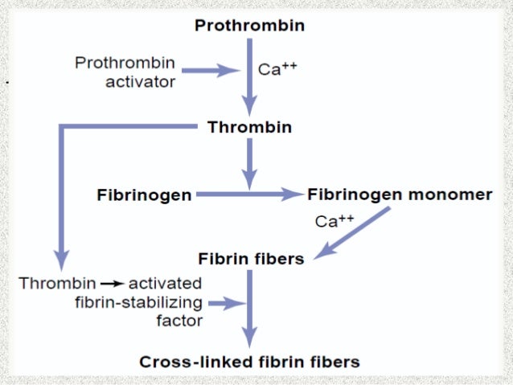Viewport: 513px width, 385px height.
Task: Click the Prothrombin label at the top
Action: coord(249,26)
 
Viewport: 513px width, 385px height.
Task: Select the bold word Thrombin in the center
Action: coord(249,127)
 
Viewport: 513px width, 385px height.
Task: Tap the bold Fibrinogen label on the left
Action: coord(144,195)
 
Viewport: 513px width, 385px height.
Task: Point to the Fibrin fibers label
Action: coord(251,259)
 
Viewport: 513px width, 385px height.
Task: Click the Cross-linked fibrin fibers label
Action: coord(249,362)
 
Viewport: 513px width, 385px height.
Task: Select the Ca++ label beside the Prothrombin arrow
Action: coord(277,69)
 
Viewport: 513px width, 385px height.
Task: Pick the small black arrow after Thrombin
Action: coord(112,284)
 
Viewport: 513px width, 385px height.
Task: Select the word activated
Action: coord(165,284)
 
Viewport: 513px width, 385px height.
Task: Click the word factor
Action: coord(179,322)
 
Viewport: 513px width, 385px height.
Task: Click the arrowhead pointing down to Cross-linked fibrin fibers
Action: coord(250,339)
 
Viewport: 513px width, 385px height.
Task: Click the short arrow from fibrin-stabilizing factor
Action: coord(226,304)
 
